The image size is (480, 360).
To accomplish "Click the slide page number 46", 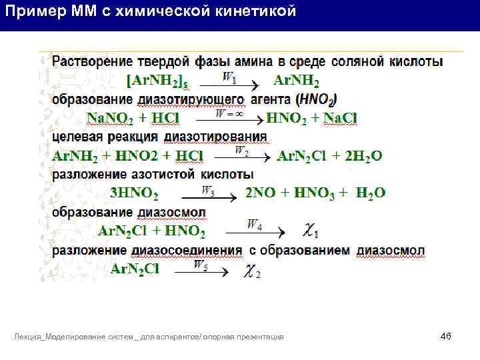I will point(446,336).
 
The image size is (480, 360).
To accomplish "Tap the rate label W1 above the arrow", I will point(229,78).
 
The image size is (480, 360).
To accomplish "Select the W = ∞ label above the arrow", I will point(229,114).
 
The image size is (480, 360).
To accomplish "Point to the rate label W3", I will point(208,191).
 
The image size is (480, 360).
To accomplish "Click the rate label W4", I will point(254,224).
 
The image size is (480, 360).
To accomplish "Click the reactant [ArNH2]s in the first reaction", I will point(157,81).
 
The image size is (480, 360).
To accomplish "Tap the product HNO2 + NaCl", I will point(311,118).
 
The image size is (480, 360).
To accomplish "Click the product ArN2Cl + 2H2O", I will point(329,156).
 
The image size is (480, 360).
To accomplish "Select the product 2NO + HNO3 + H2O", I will point(315,193).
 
